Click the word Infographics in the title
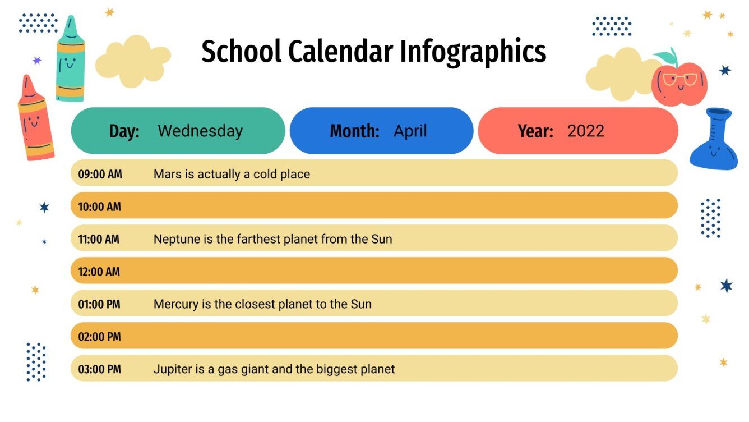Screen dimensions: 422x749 [x=473, y=52]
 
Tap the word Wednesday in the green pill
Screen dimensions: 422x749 [x=200, y=131]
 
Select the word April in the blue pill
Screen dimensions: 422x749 [x=410, y=131]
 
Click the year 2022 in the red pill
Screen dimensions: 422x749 [x=585, y=131]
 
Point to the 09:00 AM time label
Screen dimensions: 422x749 [x=100, y=174]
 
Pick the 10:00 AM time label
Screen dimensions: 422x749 [x=99, y=207]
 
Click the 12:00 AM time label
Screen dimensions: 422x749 [x=99, y=272]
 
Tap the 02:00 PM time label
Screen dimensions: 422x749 [x=99, y=337]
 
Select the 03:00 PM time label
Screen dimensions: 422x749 [x=99, y=369]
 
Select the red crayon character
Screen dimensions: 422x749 [x=35, y=119]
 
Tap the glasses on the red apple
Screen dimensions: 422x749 [x=680, y=79]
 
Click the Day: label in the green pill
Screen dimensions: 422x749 [x=124, y=131]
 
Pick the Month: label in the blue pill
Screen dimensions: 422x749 [x=354, y=131]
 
